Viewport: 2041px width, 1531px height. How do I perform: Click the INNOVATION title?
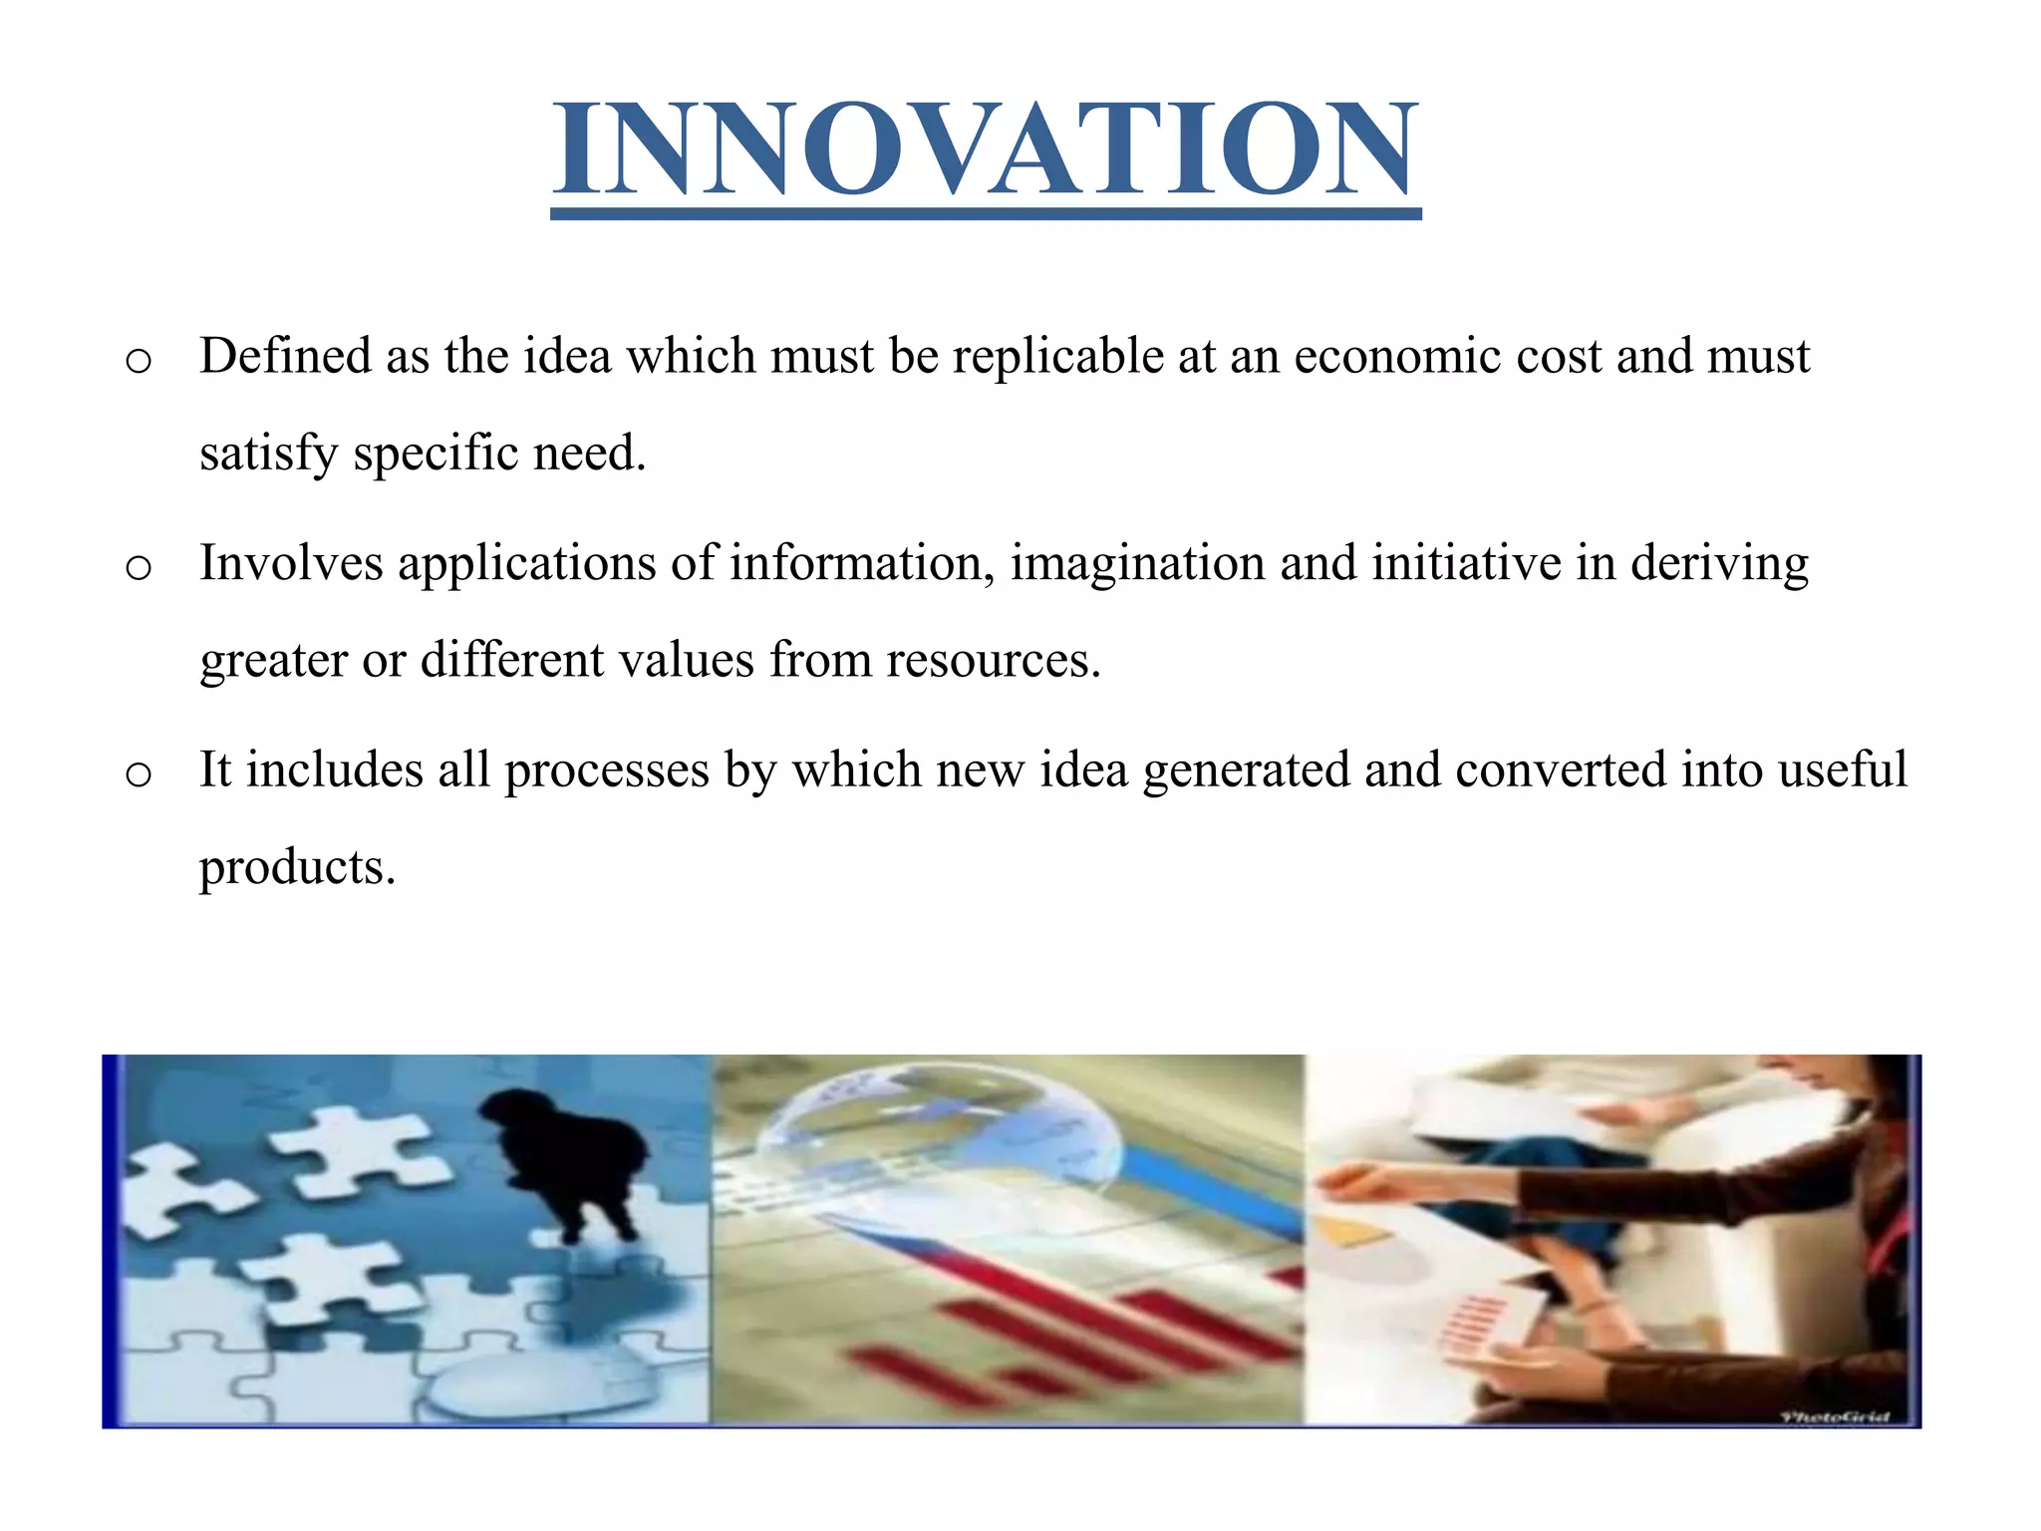(x=986, y=150)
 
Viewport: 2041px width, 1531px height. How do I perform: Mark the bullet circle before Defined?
(x=139, y=361)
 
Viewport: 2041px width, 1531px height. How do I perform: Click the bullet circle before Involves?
(x=139, y=568)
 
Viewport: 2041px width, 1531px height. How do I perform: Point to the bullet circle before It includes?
(x=139, y=774)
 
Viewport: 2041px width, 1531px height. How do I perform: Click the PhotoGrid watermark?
(x=1834, y=1416)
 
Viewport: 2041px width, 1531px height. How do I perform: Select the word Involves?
(x=291, y=563)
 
